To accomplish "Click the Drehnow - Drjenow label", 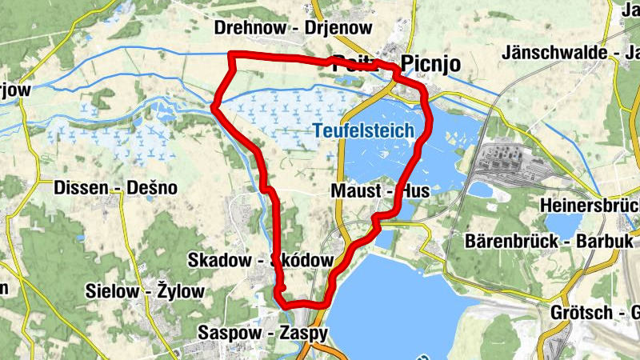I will pyautogui.click(x=294, y=28).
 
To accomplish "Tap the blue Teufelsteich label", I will pyautogui.click(x=363, y=130).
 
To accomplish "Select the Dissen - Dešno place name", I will pyautogui.click(x=115, y=188).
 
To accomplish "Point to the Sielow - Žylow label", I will pyautogui.click(x=146, y=291).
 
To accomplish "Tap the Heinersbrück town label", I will pyautogui.click(x=590, y=204).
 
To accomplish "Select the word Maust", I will pyautogui.click(x=353, y=192).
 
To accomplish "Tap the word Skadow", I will pyautogui.click(x=214, y=260).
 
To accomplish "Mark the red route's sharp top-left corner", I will pyautogui.click(x=231, y=55).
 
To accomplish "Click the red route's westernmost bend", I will pyautogui.click(x=214, y=107).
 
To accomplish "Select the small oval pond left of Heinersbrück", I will pyautogui.click(x=480, y=190).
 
